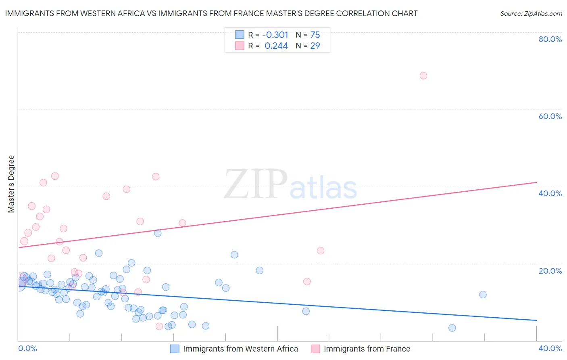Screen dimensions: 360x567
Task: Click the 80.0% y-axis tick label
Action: click(x=550, y=39)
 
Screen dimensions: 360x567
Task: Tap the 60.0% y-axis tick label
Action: click(x=550, y=116)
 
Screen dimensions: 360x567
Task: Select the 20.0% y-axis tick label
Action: click(x=550, y=271)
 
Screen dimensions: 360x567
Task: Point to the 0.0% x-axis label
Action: click(x=27, y=348)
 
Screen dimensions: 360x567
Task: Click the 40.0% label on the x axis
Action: click(x=550, y=348)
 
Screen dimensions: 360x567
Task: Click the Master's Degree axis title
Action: click(x=11, y=184)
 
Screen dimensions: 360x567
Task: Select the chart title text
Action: click(x=211, y=13)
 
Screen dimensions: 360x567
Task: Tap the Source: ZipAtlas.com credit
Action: click(x=531, y=13)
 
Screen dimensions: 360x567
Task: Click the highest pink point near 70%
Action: click(x=423, y=75)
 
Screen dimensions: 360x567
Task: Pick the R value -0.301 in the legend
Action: click(x=276, y=35)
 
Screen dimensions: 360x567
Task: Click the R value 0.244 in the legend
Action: click(x=276, y=46)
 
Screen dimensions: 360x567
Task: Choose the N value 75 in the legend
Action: click(x=315, y=35)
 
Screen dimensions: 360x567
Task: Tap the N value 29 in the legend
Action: click(x=315, y=46)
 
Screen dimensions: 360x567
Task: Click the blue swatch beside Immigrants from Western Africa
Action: click(x=175, y=349)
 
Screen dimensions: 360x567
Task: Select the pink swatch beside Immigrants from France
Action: click(x=315, y=349)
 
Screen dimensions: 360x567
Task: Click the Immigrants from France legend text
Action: click(x=367, y=349)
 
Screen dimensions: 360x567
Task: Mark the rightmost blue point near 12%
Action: click(x=483, y=295)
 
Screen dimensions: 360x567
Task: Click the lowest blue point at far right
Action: click(x=452, y=328)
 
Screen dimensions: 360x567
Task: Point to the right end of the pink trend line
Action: click(x=536, y=182)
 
